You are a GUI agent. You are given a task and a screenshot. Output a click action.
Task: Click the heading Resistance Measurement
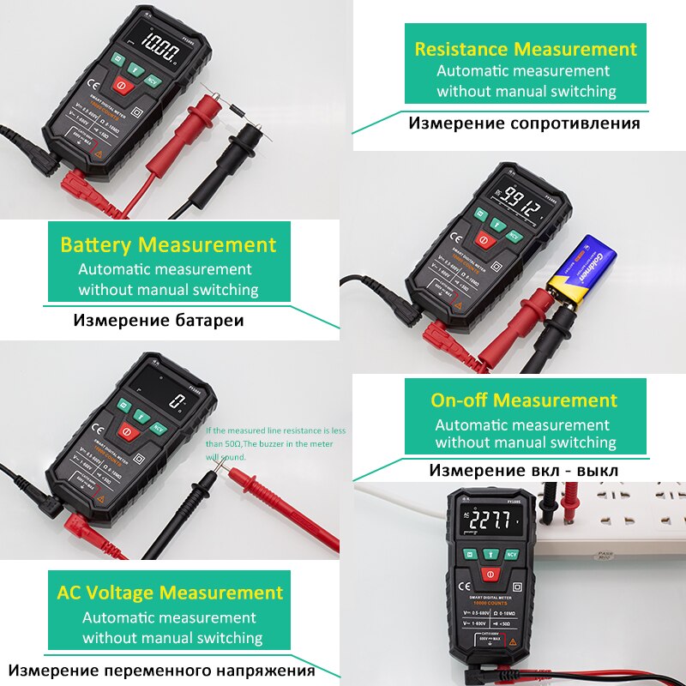coord(526,49)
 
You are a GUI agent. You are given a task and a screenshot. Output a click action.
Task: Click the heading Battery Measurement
coord(168,245)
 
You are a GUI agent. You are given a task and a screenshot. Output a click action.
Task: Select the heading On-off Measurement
coord(523,400)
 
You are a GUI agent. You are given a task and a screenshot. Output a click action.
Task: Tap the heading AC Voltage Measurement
coord(170,593)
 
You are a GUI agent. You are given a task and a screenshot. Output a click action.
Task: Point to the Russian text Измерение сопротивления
coord(524,123)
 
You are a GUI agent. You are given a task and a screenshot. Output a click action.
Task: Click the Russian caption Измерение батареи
coord(159,321)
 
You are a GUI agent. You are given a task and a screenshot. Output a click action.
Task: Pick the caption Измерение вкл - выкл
coord(523,471)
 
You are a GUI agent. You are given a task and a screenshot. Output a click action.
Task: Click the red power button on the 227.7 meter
coord(490,574)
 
